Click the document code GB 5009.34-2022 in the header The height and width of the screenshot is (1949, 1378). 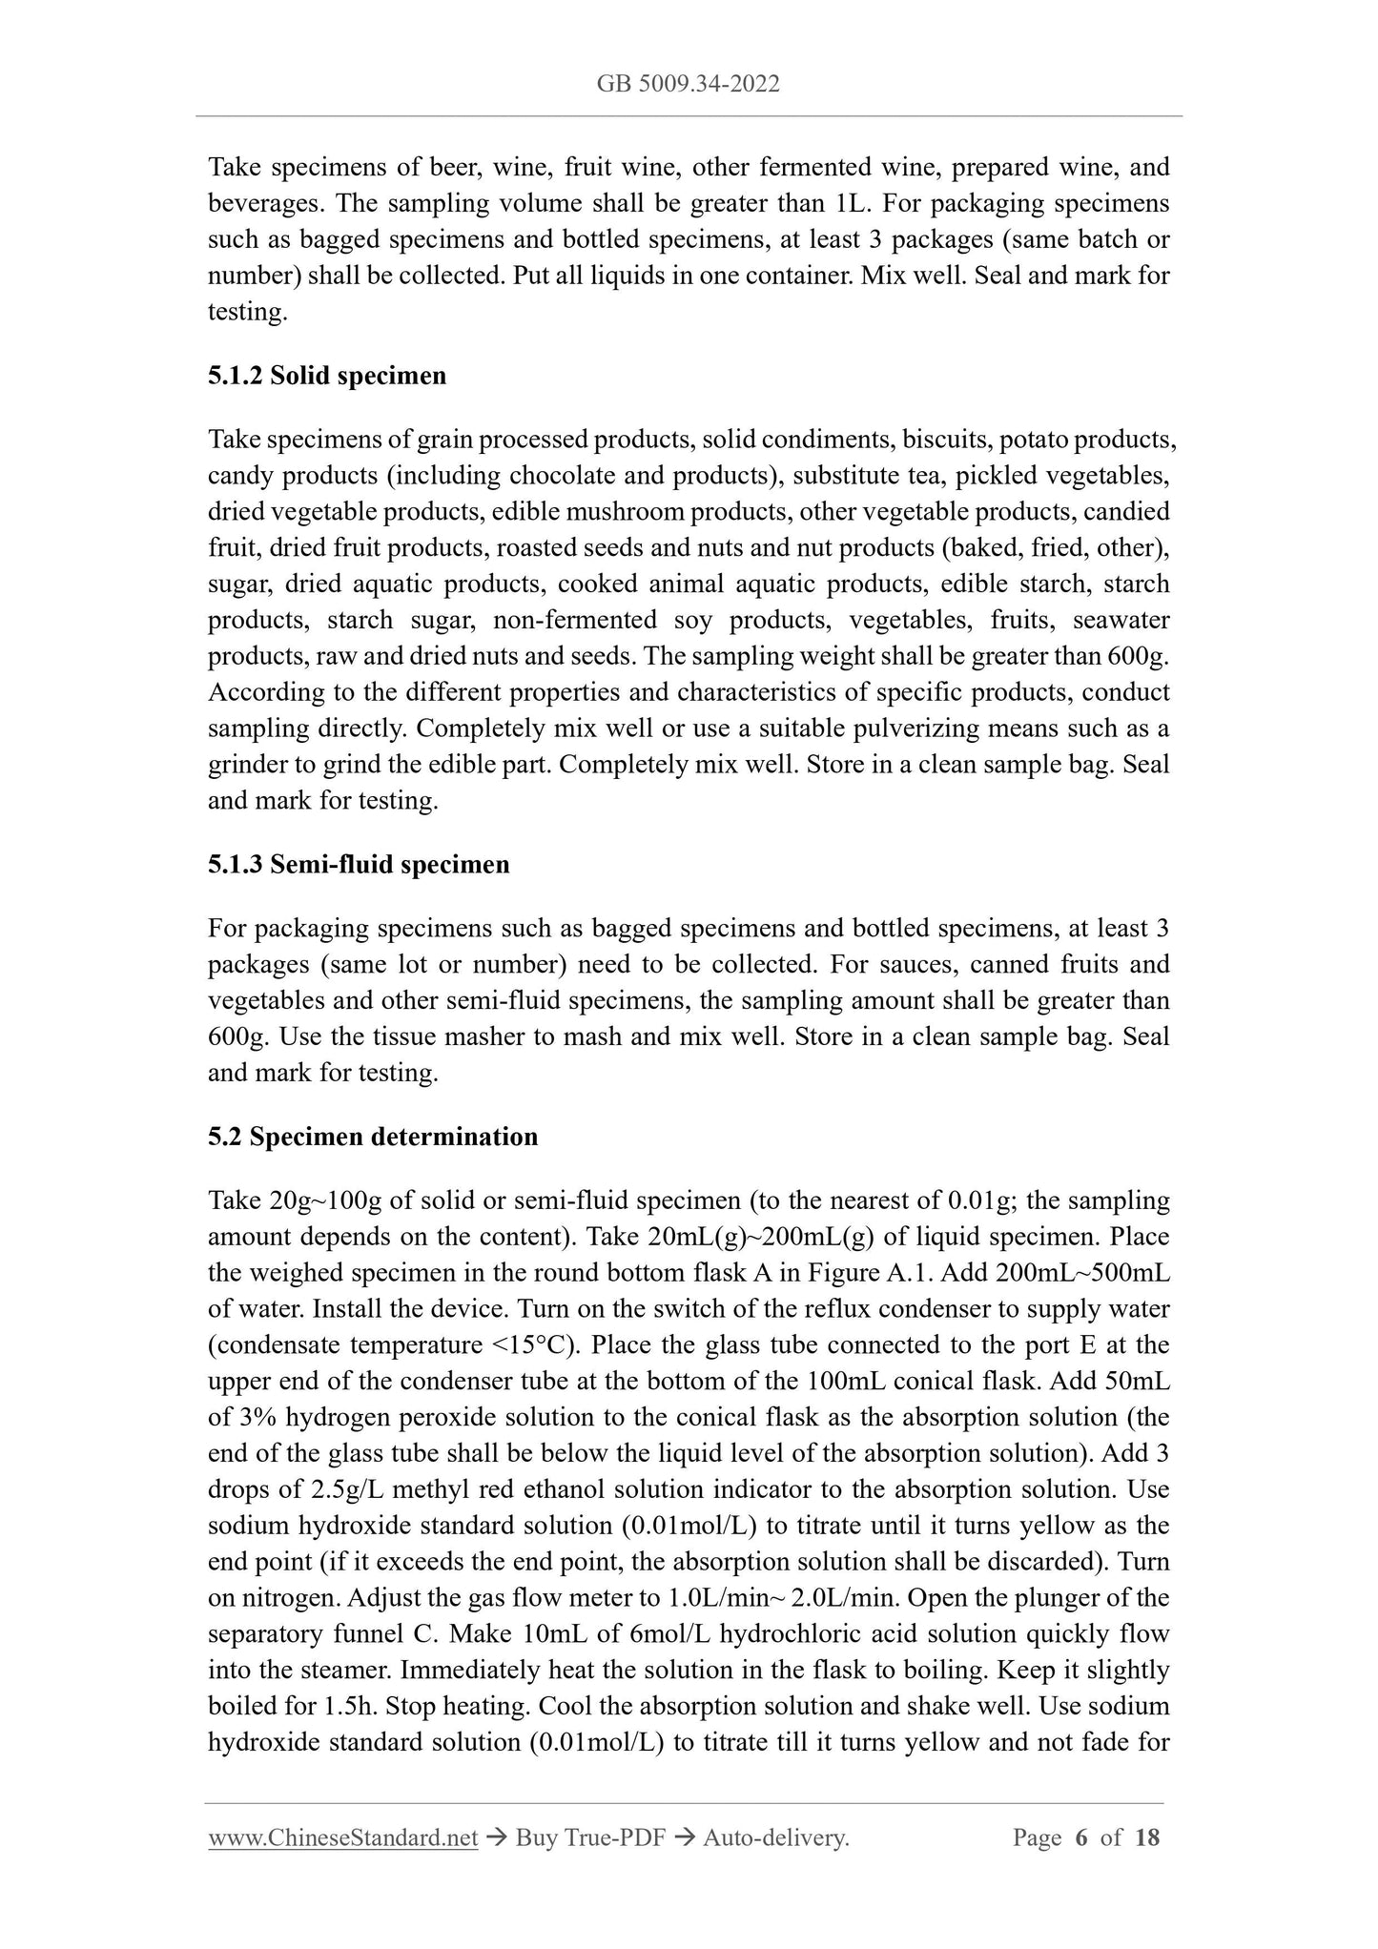coord(688,84)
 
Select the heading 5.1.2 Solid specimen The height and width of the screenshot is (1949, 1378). coord(326,376)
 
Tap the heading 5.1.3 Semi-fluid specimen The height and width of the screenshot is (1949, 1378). coord(359,865)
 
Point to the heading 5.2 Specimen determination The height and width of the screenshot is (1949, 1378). coord(372,1137)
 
